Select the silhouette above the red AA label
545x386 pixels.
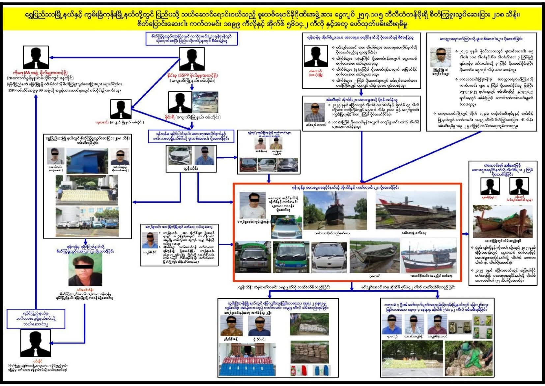pyautogui.click(x=36, y=57)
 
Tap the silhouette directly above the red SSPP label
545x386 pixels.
pyautogui.click(x=191, y=59)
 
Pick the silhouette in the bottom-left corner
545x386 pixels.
pyautogui.click(x=35, y=343)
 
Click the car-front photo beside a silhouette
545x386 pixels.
pyautogui.click(x=205, y=102)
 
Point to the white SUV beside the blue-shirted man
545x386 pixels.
pyautogui.click(x=180, y=155)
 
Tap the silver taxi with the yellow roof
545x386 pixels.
pyautogui.click(x=286, y=227)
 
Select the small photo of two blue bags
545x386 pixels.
pyautogui.click(x=320, y=370)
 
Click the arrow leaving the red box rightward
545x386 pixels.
pyautogui.click(x=465, y=234)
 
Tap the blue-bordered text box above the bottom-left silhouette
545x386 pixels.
pyautogui.click(x=36, y=319)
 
